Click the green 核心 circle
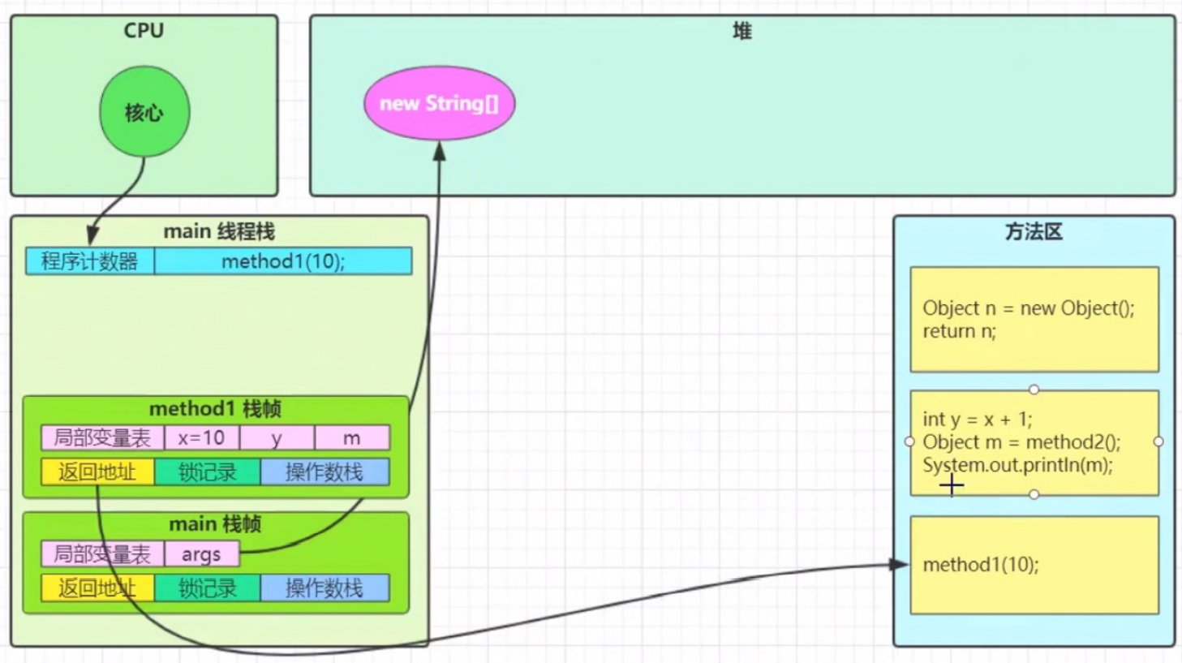[x=144, y=111]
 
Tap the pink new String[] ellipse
[x=439, y=103]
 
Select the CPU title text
[x=144, y=31]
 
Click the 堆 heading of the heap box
[x=742, y=32]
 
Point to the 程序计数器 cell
[x=90, y=261]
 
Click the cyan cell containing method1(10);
[x=283, y=261]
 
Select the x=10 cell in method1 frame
[x=201, y=438]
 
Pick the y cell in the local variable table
[x=277, y=438]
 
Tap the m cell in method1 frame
[x=352, y=438]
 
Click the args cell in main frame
[x=201, y=554]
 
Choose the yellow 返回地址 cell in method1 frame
[x=97, y=472]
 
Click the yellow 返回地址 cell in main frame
[x=97, y=588]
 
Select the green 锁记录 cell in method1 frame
[x=208, y=472]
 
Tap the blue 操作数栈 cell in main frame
[x=325, y=588]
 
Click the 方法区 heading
[x=1034, y=232]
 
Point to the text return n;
[x=960, y=331]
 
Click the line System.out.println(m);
[x=1018, y=465]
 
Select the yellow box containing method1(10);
[x=1034, y=565]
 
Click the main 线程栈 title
[x=219, y=232]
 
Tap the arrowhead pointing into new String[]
[x=440, y=151]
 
